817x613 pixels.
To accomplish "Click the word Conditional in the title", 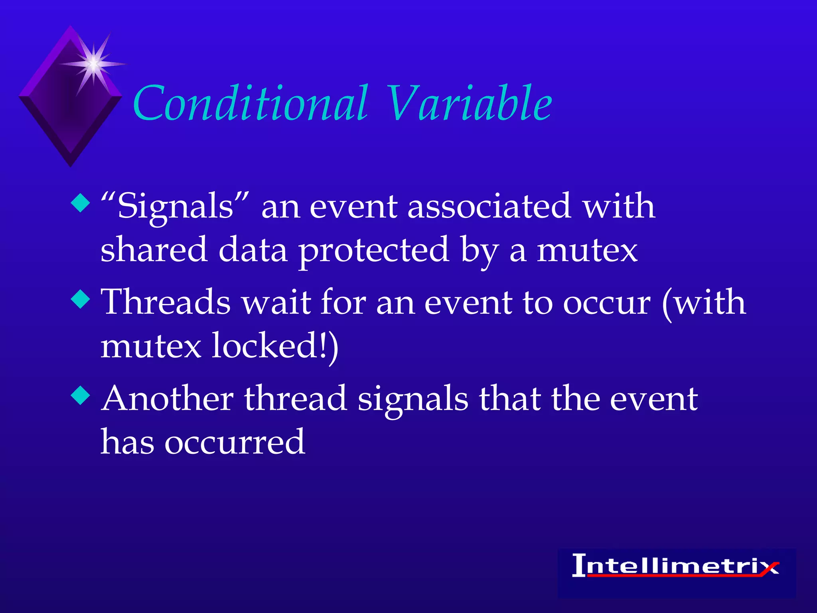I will [251, 104].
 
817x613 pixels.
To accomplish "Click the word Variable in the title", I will [469, 104].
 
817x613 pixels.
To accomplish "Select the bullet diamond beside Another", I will [81, 396].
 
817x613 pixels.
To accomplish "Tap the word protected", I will [374, 251].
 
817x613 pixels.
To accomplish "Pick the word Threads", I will [166, 303].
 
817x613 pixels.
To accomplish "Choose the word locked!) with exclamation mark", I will [275, 346].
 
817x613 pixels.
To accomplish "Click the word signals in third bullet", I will [412, 400].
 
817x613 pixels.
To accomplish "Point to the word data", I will [253, 250].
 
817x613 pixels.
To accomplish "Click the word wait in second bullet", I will [277, 303].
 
